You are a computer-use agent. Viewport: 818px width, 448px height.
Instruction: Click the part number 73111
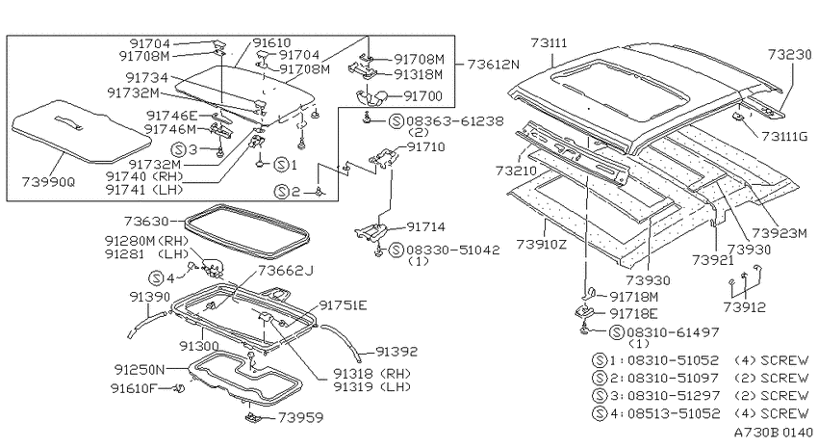coord(549,42)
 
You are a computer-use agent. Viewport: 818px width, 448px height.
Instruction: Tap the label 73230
coord(789,54)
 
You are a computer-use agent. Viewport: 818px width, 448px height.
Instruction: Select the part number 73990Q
coord(48,182)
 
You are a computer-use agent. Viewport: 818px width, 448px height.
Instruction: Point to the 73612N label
coord(494,65)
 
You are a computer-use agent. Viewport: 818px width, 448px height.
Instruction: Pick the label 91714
coord(425,226)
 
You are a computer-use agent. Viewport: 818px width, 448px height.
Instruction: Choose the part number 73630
coord(146,222)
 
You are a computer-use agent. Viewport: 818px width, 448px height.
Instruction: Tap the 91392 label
coord(396,352)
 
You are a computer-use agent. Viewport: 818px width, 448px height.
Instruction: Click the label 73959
coord(300,417)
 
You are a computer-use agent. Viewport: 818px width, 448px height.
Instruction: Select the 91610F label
coord(134,388)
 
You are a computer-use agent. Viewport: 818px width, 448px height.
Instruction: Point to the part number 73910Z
coord(541,244)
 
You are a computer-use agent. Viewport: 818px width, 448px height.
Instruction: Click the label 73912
coord(745,307)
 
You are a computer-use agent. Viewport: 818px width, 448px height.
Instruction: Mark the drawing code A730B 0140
coord(774,432)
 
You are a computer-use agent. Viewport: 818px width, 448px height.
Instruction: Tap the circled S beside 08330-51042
coord(396,250)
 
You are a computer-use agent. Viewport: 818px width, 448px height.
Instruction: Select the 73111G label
coord(784,137)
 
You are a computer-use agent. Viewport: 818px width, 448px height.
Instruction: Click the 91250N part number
coord(140,370)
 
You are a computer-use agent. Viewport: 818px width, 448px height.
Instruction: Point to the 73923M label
coord(780,233)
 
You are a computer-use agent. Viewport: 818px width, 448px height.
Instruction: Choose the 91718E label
coord(633,313)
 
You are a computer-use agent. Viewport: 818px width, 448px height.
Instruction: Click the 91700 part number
coord(423,96)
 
